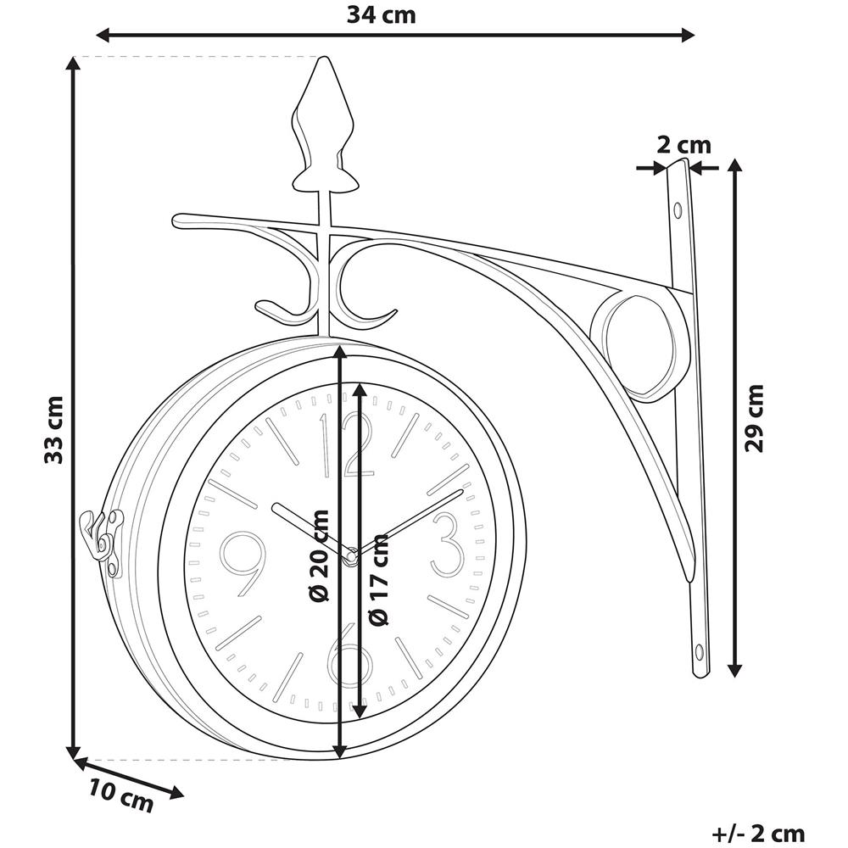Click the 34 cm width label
coord(382,14)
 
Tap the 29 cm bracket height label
coord(754,417)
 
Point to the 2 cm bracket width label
coord(683,145)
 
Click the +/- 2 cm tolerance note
coord(759,833)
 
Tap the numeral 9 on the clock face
coord(243,564)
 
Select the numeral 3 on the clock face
coord(447,544)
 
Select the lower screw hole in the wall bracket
coord(699,651)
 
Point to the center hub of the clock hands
coord(349,556)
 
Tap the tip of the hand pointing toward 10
coord(274,506)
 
